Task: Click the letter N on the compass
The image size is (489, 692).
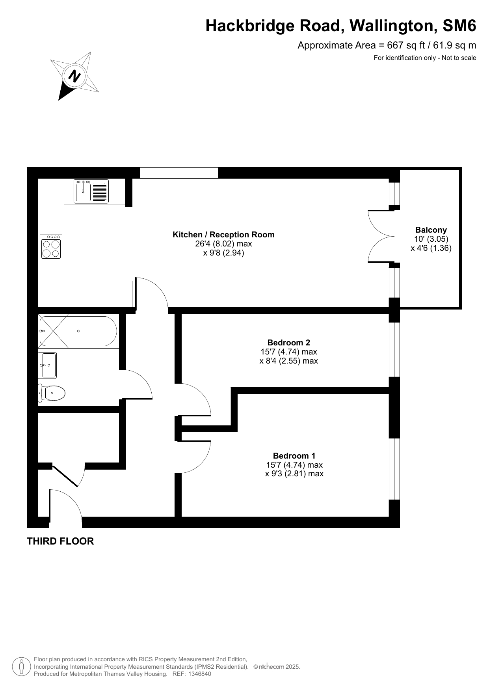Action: coord(74,75)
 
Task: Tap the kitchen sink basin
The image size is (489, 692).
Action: coord(83,192)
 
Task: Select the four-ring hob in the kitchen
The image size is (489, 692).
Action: coord(51,247)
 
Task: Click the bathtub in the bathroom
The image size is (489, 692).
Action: coord(78,331)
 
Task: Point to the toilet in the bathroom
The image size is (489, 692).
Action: coord(52,393)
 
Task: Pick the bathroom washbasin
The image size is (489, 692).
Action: coord(48,365)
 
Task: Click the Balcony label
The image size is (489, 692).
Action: coord(431,230)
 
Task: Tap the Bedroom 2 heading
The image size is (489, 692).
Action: coord(289,342)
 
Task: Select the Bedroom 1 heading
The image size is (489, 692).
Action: coord(294,456)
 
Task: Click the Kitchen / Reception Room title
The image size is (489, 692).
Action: coord(223,235)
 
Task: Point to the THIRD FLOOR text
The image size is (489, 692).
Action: coord(60,541)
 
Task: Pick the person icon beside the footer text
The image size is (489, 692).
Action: coord(21,666)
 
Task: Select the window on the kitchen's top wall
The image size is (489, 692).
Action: coord(179,173)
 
